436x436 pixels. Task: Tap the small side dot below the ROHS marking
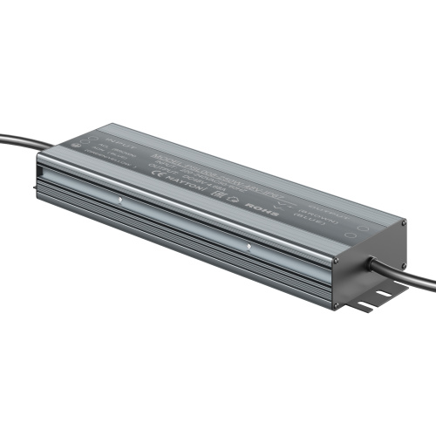click(x=249, y=248)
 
